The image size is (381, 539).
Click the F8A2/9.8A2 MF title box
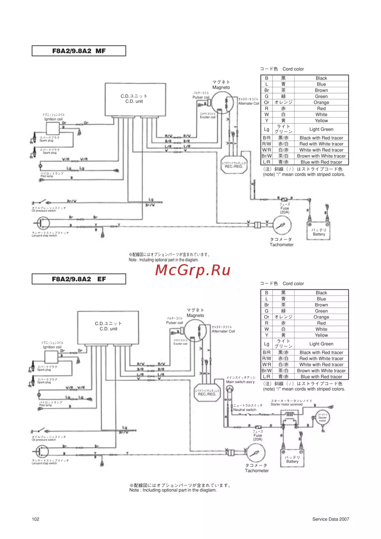pyautogui.click(x=79, y=51)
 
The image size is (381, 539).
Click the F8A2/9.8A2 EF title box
pyautogui.click(x=79, y=279)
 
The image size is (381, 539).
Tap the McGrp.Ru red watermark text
pyautogui.click(x=193, y=270)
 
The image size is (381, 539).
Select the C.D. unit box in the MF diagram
pyautogui.click(x=135, y=99)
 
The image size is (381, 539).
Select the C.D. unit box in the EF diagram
pyautogui.click(x=108, y=327)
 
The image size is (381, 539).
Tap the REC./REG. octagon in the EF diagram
pyautogui.click(x=207, y=393)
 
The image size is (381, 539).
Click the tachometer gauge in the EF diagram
pyautogui.click(x=256, y=453)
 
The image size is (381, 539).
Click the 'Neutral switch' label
pyautogui.click(x=245, y=410)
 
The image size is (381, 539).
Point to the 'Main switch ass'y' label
pyautogui.click(x=240, y=382)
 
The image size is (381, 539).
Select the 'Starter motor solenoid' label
pyautogui.click(x=287, y=404)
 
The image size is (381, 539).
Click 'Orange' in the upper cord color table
pyautogui.click(x=321, y=103)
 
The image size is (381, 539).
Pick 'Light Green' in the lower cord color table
pyautogui.click(x=321, y=344)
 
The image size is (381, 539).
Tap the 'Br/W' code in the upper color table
pyautogui.click(x=267, y=156)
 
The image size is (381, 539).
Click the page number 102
pyautogui.click(x=35, y=519)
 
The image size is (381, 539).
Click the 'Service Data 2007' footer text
pyautogui.click(x=330, y=519)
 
